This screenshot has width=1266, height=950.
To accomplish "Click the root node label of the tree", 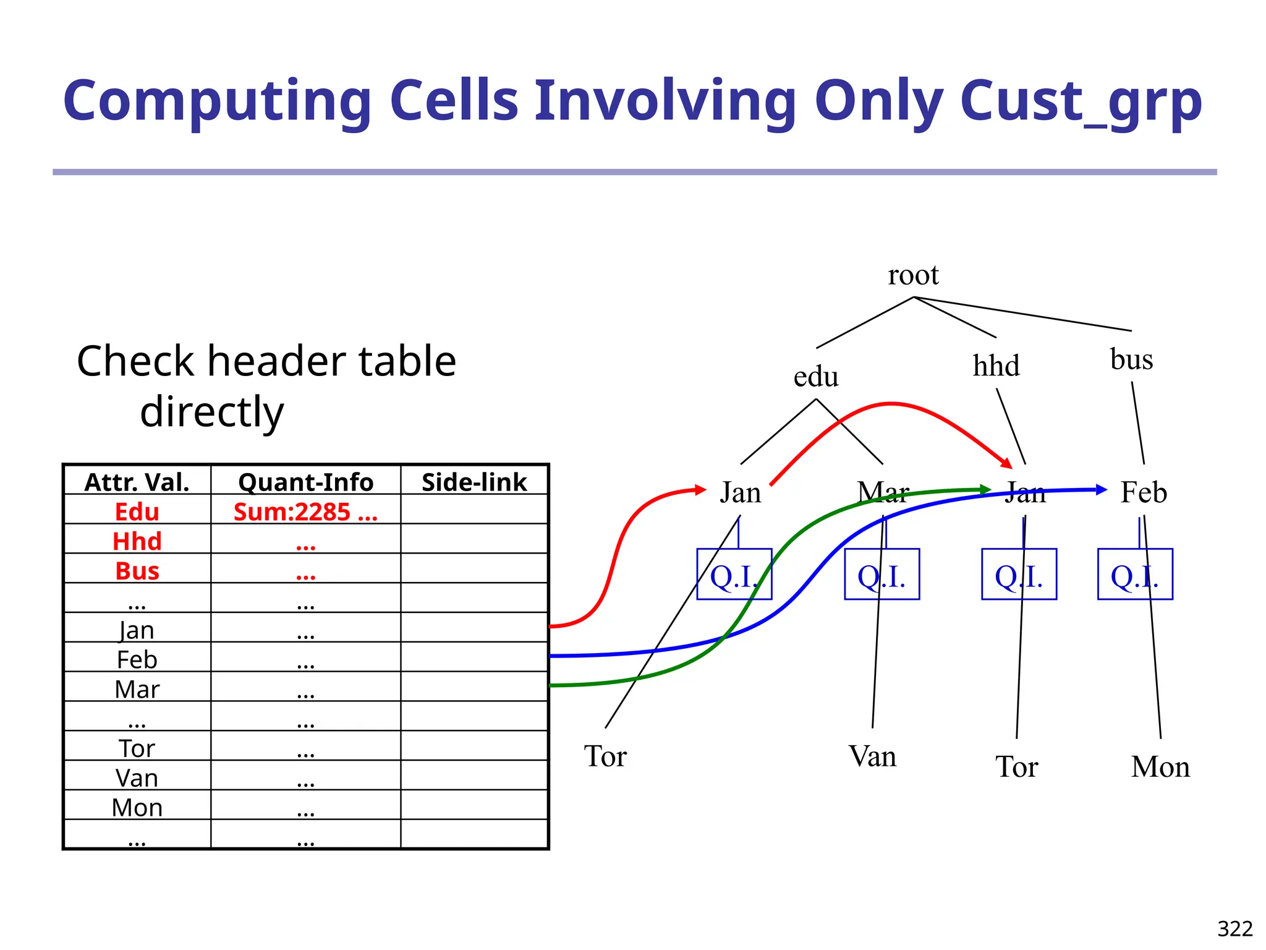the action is coord(913,275).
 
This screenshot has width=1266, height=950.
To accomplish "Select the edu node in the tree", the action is coord(816,377).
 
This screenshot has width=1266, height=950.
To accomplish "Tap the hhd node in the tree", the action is coord(996,366).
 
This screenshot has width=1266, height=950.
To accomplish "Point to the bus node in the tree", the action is coord(1131,359).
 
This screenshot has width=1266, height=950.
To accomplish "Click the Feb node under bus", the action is coord(1144,493).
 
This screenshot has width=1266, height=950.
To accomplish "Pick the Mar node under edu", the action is coord(883,493).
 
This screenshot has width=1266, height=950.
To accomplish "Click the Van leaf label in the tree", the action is coord(872,756).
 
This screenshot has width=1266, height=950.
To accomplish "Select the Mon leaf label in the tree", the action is coord(1160,767).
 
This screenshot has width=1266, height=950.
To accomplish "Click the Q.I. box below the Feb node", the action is coord(1135,575).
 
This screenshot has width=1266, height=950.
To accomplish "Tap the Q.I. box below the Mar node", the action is coord(882,575).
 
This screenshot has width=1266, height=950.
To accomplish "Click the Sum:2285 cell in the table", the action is coord(305,512).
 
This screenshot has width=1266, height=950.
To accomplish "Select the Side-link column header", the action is coord(474,482).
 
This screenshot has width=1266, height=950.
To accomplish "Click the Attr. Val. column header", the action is coord(137,482).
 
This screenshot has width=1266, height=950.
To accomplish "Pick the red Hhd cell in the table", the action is coord(137,542).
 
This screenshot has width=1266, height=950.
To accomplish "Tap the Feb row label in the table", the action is coord(137,660).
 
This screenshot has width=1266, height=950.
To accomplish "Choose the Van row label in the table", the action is coord(137,778).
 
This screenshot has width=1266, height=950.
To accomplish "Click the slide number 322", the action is coord(1234,929).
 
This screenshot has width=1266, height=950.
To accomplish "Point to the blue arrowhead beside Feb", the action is coord(1101,490).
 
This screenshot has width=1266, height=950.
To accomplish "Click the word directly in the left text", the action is coord(212,412).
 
